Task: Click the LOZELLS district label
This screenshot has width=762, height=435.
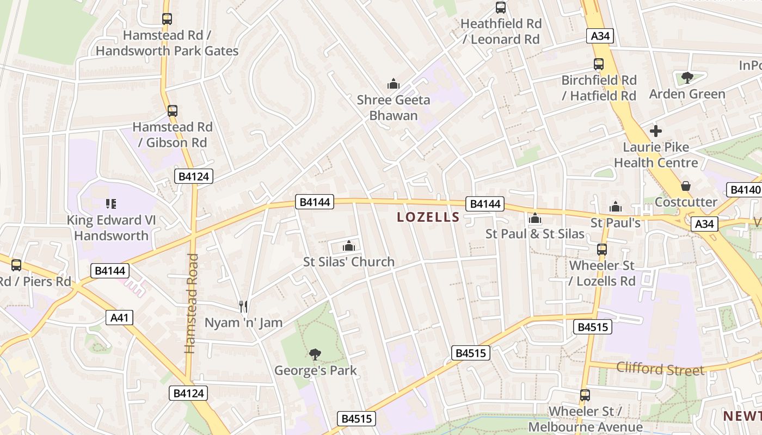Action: (x=428, y=217)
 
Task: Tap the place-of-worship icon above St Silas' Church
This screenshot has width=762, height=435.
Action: (x=349, y=246)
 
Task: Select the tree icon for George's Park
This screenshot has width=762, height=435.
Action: (x=315, y=355)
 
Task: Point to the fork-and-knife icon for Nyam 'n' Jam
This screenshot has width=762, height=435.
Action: (x=243, y=307)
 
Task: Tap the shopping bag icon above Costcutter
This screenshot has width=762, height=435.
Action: (x=686, y=186)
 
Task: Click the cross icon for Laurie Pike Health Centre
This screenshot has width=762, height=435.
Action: (x=656, y=131)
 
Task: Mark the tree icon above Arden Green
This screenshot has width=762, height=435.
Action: (x=687, y=78)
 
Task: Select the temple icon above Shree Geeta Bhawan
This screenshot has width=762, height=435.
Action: (x=393, y=84)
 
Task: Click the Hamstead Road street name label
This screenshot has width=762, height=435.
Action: (x=190, y=303)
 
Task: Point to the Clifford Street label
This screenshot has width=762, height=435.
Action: (x=660, y=369)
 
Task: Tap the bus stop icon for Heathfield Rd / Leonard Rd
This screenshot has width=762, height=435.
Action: (x=501, y=8)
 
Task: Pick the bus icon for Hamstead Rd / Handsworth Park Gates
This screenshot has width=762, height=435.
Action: (x=167, y=19)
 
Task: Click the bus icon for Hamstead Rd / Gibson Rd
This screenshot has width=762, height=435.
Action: (x=173, y=111)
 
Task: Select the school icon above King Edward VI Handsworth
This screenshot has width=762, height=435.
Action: (x=111, y=204)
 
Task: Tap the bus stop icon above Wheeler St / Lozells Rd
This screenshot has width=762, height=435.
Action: (x=601, y=250)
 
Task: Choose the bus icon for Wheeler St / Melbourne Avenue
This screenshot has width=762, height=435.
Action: (x=585, y=395)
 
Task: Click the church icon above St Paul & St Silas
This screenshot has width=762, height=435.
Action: (x=535, y=218)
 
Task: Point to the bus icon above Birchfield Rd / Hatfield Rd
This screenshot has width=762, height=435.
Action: (x=599, y=64)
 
